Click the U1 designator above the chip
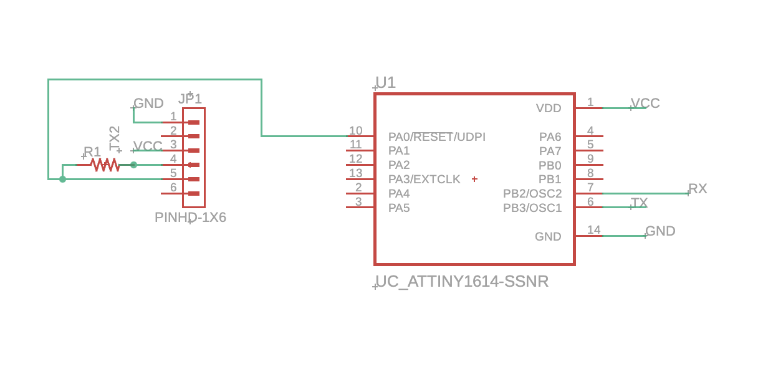386,82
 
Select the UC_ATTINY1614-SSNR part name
462,282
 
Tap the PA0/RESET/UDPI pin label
436,137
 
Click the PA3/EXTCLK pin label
424,180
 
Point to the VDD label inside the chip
549,108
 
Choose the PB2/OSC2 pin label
532,194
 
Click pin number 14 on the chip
593,230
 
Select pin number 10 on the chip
355,131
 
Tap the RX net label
698,189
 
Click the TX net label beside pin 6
639,203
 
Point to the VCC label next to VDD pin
645,103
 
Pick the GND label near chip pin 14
660,231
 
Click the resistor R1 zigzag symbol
105,165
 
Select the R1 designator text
92,152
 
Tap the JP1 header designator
190,99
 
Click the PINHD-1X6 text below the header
190,218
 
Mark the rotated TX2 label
115,138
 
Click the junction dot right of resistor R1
133,165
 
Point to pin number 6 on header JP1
173,188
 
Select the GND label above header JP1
148,103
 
